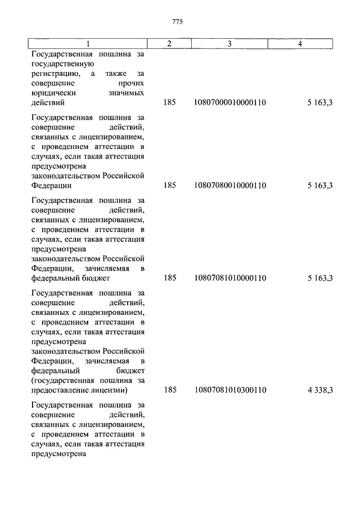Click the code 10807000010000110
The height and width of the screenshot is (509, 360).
click(230, 103)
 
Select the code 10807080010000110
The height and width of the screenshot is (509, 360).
click(230, 184)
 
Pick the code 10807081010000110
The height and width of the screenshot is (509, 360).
click(230, 278)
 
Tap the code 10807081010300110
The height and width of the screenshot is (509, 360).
click(230, 390)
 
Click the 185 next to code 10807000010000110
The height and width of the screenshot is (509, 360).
click(170, 103)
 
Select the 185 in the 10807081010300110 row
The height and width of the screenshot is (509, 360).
click(170, 390)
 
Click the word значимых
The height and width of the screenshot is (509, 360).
click(126, 93)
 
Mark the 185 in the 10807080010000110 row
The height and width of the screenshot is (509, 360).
click(170, 184)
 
